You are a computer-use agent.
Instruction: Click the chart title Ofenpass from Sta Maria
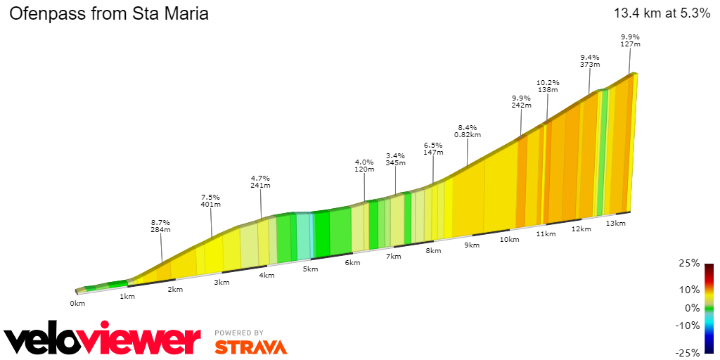point(108,13)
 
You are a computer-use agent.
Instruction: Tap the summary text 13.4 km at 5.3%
point(662,13)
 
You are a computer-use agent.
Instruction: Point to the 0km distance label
point(77,304)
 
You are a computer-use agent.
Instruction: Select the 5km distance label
point(307,269)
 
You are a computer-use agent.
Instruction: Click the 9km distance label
point(471,245)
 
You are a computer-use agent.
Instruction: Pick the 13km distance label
point(615,223)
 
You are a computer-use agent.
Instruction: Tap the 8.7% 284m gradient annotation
point(160,226)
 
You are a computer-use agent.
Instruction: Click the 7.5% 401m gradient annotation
point(211,200)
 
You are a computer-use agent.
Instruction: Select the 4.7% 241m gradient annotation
point(260,181)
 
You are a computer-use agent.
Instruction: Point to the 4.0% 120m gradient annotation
point(364,165)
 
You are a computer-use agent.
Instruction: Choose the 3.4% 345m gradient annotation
point(396,159)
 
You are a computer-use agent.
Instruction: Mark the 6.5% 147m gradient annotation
point(433,148)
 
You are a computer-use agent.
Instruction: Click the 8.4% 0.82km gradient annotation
point(468,130)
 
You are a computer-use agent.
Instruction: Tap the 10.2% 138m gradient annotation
point(547,86)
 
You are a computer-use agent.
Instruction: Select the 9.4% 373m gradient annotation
point(590,60)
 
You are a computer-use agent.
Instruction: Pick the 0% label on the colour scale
point(693,307)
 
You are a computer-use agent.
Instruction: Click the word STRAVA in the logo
point(250,347)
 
